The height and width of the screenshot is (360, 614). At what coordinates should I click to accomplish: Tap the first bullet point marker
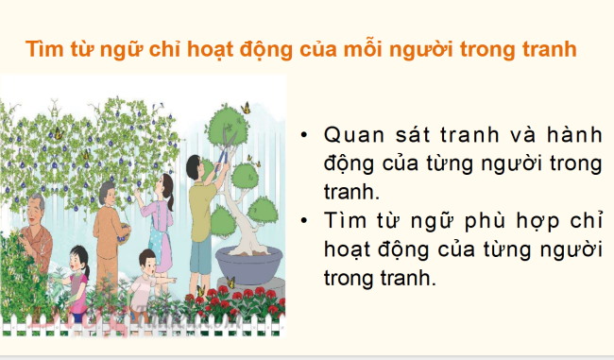tap(302, 133)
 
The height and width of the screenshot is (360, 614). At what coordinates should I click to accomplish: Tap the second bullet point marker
tap(302, 221)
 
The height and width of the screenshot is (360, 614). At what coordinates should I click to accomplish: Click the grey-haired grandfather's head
tap(36, 207)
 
